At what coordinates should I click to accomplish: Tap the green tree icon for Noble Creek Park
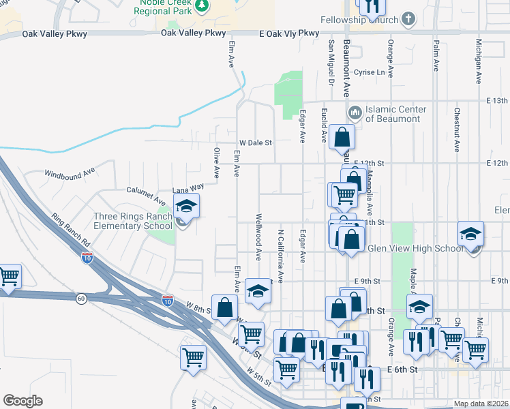[202, 6]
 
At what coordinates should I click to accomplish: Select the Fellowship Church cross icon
[408, 18]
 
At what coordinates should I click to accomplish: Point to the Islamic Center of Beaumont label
[396, 114]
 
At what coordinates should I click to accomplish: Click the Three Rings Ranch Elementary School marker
[186, 208]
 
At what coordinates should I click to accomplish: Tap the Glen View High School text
[415, 249]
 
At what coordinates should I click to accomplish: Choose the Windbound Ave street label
[69, 175]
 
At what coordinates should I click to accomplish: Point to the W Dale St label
[254, 143]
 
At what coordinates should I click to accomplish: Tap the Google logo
[22, 401]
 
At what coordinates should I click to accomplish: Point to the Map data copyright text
[481, 404]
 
